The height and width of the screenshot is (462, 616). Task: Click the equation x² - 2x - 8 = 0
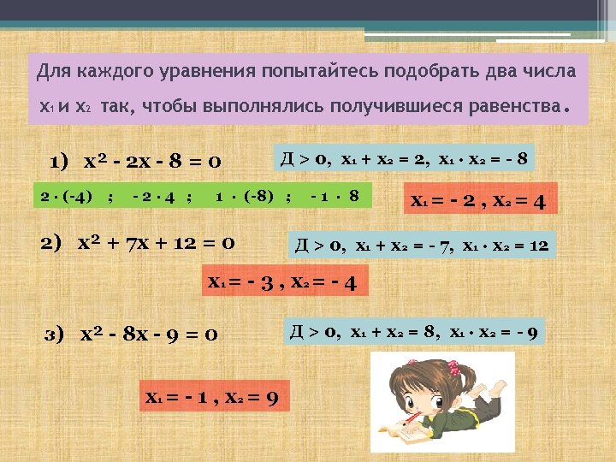[x=154, y=162]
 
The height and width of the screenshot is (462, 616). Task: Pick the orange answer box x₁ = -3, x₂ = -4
[x=283, y=280]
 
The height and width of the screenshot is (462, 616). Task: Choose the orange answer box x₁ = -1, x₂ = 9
[x=211, y=397]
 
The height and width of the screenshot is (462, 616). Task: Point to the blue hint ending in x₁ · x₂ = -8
[x=402, y=158]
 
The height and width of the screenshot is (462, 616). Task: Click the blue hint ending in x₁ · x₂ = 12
[x=423, y=246]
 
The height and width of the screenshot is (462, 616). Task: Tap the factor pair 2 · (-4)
[x=68, y=197]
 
